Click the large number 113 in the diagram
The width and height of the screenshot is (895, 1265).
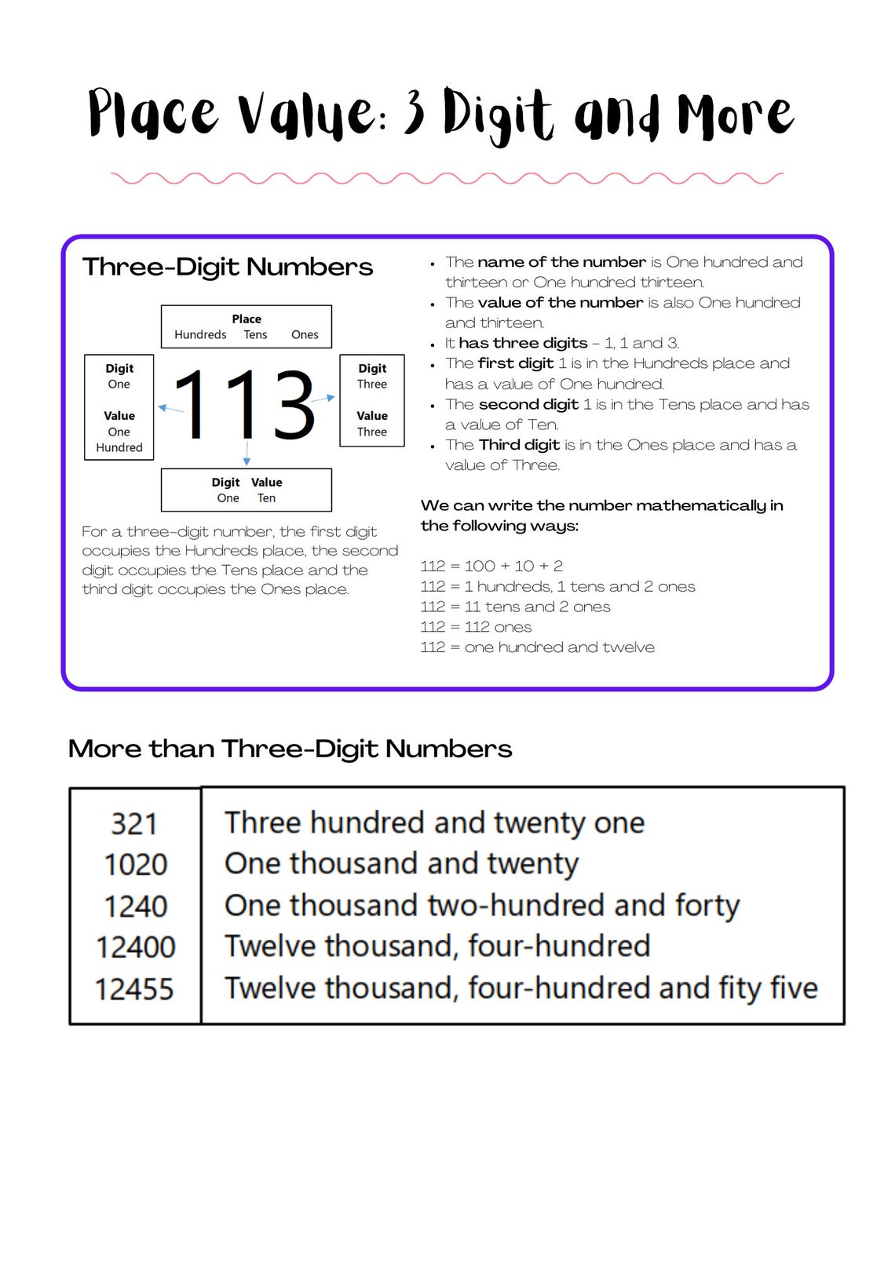pos(244,405)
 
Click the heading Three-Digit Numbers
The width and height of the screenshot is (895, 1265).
pos(228,267)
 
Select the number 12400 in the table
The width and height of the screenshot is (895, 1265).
pos(135,946)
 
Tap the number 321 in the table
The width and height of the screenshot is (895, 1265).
pos(134,824)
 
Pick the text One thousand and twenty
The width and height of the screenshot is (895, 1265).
pos(401,863)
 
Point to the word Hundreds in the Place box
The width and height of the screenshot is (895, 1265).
pos(200,334)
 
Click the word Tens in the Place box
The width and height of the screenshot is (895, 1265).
pos(255,334)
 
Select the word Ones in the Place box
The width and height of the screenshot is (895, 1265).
pos(305,334)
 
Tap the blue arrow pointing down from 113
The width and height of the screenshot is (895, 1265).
pos(247,454)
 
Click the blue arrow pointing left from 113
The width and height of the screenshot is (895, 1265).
pos(170,409)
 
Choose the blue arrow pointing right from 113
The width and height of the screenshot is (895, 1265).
pos(323,399)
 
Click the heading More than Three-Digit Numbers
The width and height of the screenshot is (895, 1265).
pos(290,749)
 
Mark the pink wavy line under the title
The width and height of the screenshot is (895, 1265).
pos(447,178)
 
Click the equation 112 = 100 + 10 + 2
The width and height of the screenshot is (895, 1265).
pos(491,566)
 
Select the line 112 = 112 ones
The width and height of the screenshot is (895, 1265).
pos(476,626)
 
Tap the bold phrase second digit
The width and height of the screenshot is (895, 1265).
pos(528,404)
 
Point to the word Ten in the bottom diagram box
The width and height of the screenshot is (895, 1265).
pos(266,498)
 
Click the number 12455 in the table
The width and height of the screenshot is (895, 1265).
pos(134,989)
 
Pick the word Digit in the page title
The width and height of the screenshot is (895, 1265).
pos(498,115)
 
